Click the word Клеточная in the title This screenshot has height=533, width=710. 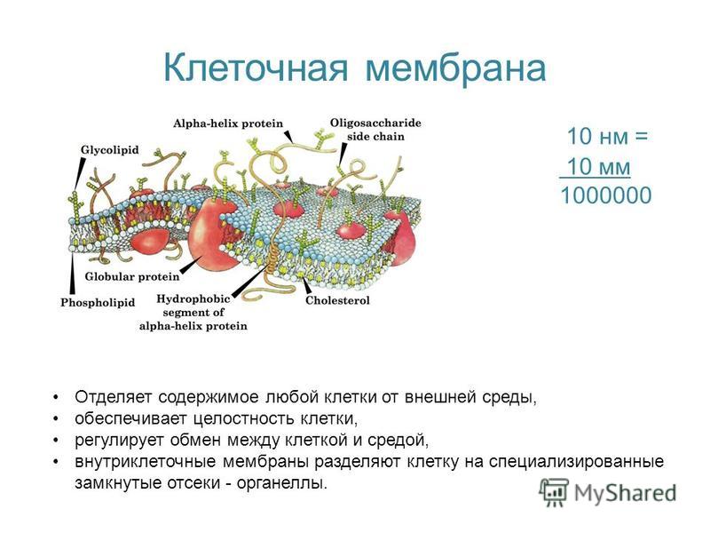[x=256, y=68]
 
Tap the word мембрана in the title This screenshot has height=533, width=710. [x=455, y=68]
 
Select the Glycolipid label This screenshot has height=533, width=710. [x=109, y=150]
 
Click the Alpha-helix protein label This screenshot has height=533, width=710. [x=228, y=123]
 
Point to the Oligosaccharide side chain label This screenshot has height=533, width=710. [x=375, y=130]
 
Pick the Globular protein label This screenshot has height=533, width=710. [x=132, y=276]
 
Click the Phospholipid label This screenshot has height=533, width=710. [x=98, y=302]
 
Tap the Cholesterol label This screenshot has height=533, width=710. [x=337, y=300]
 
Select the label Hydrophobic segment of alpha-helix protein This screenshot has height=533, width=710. [x=193, y=313]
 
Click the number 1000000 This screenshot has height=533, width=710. [x=606, y=195]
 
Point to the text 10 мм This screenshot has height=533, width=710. [x=598, y=166]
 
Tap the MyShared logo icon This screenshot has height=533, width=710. [x=553, y=492]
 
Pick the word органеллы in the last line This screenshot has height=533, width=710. [x=281, y=483]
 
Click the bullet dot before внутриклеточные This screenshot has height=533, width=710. [x=56, y=461]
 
